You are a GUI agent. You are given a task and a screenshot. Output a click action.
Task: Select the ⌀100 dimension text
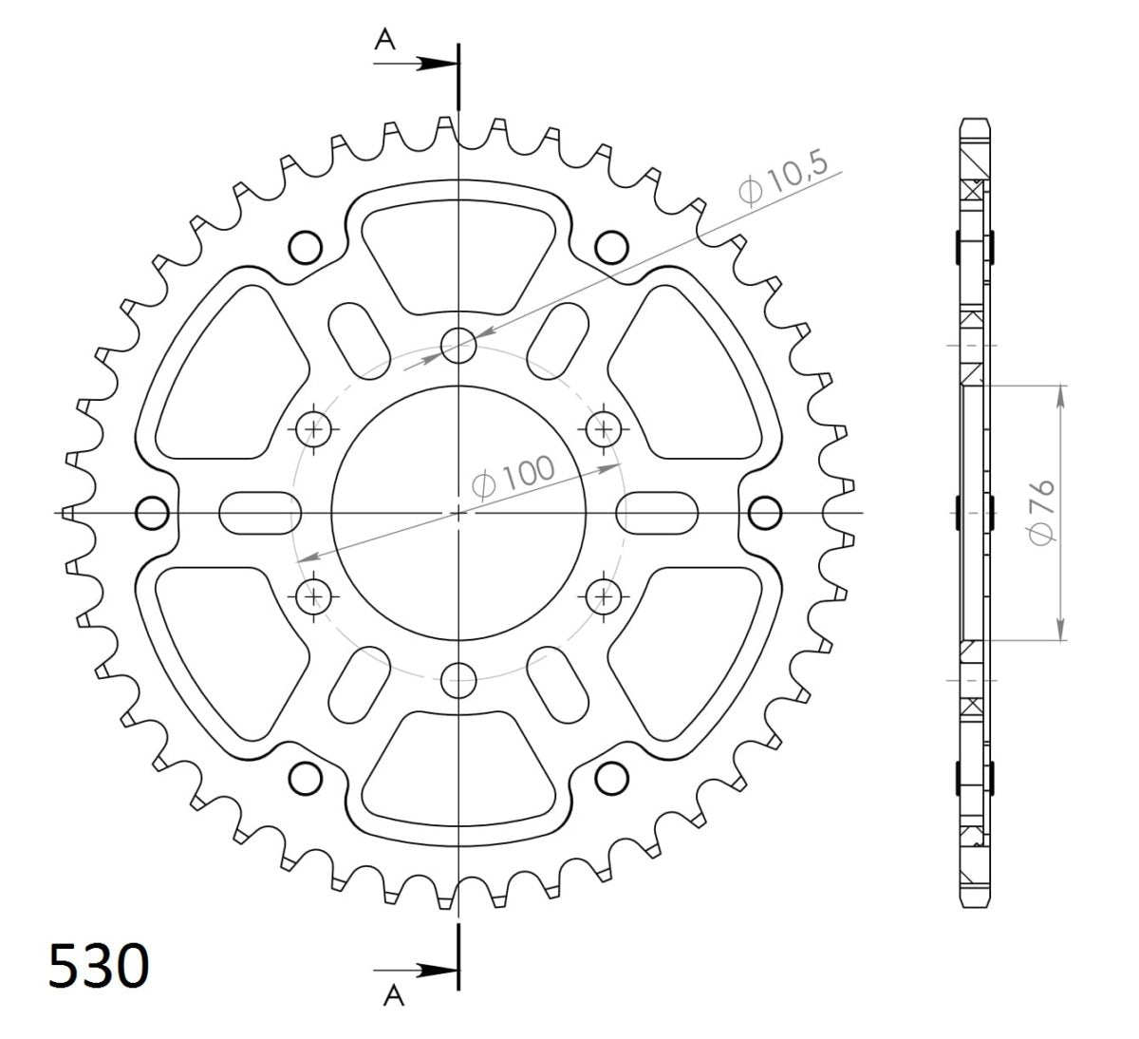click(513, 476)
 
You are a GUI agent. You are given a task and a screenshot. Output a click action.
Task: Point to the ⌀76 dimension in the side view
click(1041, 513)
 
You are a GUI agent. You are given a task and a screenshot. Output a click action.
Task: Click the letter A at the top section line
click(385, 39)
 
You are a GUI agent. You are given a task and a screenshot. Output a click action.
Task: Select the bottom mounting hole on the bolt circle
click(459, 679)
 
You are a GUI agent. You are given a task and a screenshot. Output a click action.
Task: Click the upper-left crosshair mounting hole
click(315, 430)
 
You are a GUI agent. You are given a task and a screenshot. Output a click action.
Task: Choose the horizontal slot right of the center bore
click(658, 513)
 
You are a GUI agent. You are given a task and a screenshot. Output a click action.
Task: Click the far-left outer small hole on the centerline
click(152, 513)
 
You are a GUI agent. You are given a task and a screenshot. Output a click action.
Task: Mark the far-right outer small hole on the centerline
click(765, 513)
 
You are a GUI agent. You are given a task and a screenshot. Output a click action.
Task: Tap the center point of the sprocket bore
click(459, 513)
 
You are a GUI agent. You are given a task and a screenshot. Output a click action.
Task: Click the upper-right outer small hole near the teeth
click(613, 247)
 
